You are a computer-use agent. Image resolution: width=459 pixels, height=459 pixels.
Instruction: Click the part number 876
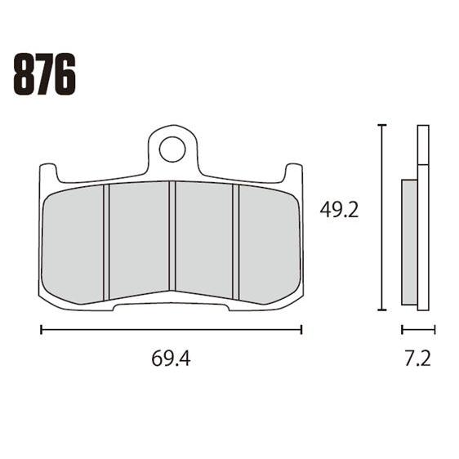pyautogui.click(x=44, y=74)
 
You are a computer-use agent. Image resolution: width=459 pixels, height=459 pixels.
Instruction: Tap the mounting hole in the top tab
pyautogui.click(x=172, y=149)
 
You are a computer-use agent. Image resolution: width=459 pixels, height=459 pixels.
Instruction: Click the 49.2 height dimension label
pyautogui.click(x=339, y=210)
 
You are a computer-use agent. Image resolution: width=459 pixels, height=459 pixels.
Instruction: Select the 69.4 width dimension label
pyautogui.click(x=171, y=359)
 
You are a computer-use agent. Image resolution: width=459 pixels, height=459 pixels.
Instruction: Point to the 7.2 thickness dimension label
pyautogui.click(x=417, y=359)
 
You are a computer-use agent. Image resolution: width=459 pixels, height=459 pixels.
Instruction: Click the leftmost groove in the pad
pyautogui.click(x=106, y=242)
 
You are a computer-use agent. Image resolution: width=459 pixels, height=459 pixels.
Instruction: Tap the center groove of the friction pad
pyautogui.click(x=172, y=236)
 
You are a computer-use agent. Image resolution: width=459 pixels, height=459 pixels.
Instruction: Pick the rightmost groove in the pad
pyautogui.click(x=236, y=242)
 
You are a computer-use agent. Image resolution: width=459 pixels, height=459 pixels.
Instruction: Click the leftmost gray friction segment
pyautogui.click(x=73, y=244)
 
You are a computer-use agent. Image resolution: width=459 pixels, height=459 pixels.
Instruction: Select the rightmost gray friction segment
pyautogui.click(x=270, y=244)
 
